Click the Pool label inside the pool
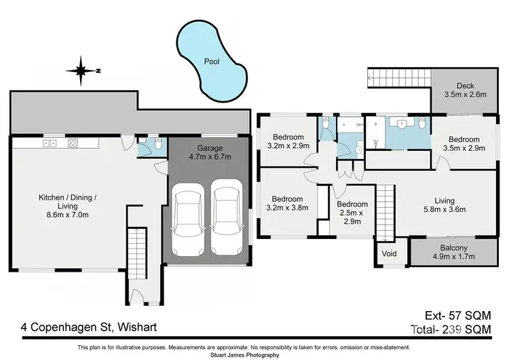point(211,61)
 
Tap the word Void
point(390,254)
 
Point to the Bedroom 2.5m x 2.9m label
point(352,213)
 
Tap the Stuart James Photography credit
point(254,355)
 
